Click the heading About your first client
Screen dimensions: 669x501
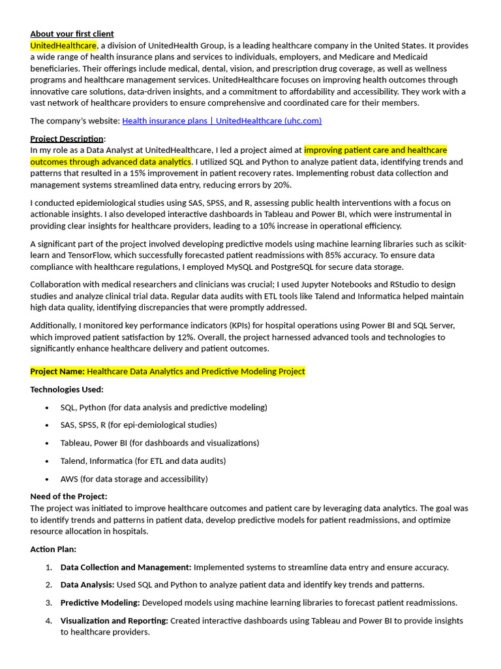(72, 34)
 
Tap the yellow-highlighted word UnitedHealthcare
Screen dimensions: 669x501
(63, 46)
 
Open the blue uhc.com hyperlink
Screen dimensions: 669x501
(222, 121)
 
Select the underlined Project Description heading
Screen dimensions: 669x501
(67, 139)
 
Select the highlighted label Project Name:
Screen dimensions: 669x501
(57, 372)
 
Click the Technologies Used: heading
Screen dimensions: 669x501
(67, 389)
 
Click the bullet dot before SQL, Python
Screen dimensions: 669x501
(47, 408)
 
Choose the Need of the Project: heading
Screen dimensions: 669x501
(68, 497)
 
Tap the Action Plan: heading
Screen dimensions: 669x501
(53, 549)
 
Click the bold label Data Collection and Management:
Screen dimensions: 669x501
(126, 567)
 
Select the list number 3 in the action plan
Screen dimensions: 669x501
(49, 602)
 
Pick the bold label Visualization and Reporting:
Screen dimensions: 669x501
(114, 621)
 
